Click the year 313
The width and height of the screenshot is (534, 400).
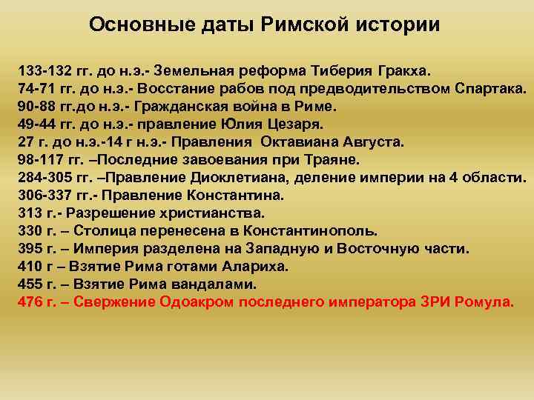click(x=29, y=213)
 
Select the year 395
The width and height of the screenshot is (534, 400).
click(x=29, y=248)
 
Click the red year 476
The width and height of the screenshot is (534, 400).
click(x=29, y=301)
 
